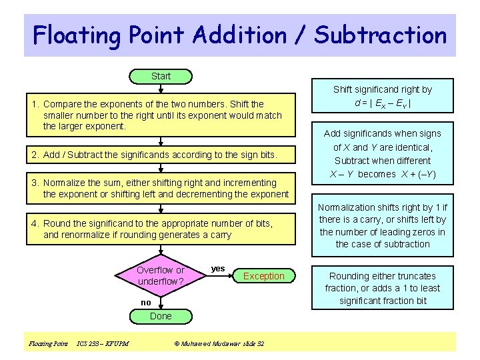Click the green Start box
coord(161,77)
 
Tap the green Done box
coord(161,316)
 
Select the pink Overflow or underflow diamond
coord(161,276)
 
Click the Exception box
coord(263,276)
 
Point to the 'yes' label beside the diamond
coord(217,269)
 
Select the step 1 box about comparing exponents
coord(161,115)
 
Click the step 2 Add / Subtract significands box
coord(161,155)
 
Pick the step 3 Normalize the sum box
coord(161,188)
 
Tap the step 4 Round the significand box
coord(161,229)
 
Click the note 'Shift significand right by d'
coord(383,97)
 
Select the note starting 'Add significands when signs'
coord(383,154)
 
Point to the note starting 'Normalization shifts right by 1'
coord(383,226)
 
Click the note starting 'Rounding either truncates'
coord(383,288)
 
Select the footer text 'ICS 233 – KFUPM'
coord(103,344)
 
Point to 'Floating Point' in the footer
coord(48,344)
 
